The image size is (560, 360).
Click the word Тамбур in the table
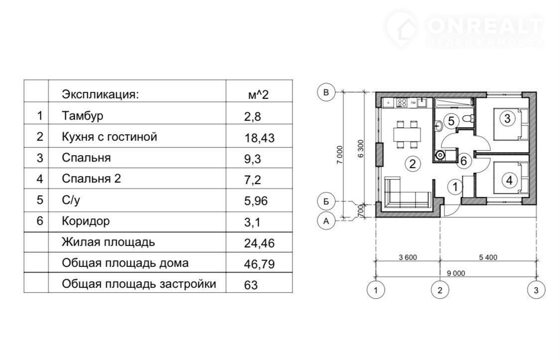click(83, 116)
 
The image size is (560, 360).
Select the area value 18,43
click(259, 138)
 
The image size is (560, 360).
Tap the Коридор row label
click(86, 221)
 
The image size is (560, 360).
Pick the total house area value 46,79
click(259, 264)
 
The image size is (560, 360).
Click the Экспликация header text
click(100, 94)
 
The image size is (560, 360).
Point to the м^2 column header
click(258, 94)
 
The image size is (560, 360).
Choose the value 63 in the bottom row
click(251, 285)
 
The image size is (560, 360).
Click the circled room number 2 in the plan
click(413, 164)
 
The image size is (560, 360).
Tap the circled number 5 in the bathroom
click(451, 121)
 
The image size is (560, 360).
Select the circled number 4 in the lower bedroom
click(509, 180)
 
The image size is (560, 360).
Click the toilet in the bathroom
click(468, 118)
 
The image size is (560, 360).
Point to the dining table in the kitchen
click(407, 135)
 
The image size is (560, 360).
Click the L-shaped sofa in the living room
click(407, 193)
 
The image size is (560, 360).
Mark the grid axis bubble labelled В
click(326, 92)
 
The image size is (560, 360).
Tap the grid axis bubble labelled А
click(326, 221)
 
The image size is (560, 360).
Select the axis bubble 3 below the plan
click(536, 290)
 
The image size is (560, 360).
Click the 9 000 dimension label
click(456, 273)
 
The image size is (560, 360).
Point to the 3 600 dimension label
click(408, 257)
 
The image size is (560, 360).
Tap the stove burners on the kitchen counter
click(402, 103)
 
